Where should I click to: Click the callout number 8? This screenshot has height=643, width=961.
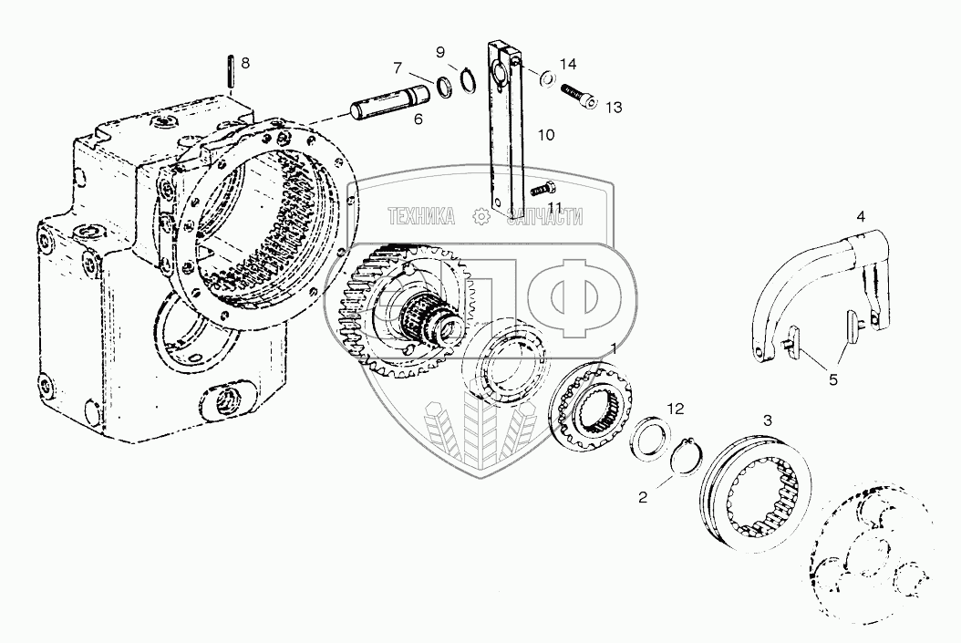click(243, 63)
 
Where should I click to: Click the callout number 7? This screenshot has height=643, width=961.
click(397, 67)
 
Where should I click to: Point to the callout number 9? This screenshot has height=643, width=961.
click(439, 51)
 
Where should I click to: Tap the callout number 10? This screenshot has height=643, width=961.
click(545, 135)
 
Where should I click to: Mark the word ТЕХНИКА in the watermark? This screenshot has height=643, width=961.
click(421, 216)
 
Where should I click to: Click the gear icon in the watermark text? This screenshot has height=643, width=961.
click(478, 216)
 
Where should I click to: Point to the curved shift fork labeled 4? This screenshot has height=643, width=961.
click(802, 283)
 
